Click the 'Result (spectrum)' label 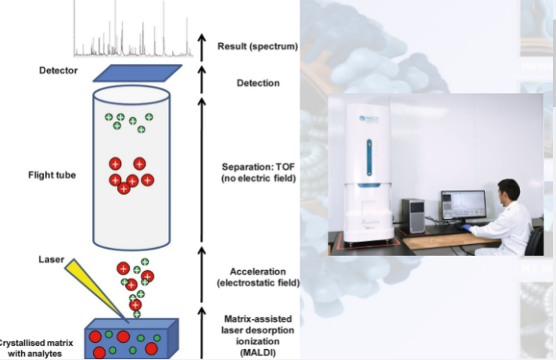pyautogui.click(x=257, y=46)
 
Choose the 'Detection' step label pyautogui.click(x=258, y=83)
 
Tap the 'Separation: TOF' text pyautogui.click(x=258, y=167)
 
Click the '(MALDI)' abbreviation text pyautogui.click(x=257, y=352)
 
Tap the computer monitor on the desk pyautogui.click(x=462, y=205)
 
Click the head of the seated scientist pyautogui.click(x=508, y=189)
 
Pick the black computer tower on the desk pyautogui.click(x=416, y=214)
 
